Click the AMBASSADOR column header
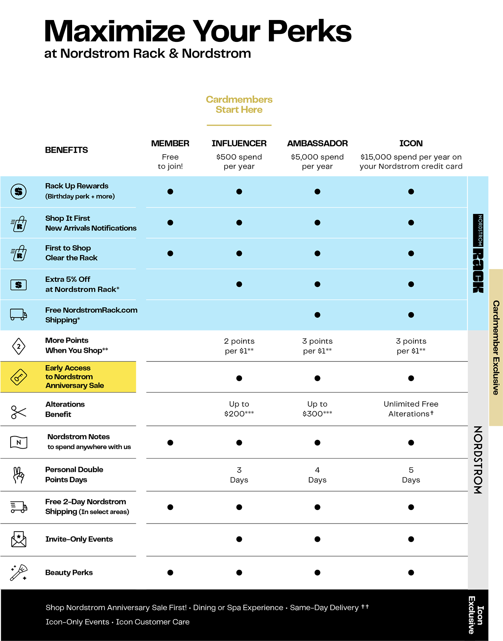click(317, 143)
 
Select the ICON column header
click(411, 143)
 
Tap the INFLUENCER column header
click(239, 143)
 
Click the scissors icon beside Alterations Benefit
click(19, 412)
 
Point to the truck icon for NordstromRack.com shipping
click(19, 314)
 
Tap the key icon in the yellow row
click(19, 377)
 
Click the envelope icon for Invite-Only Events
click(19, 539)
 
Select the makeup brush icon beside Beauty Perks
click(19, 572)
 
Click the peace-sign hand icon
click(19, 475)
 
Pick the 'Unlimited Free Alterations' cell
click(411, 409)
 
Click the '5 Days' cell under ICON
click(411, 475)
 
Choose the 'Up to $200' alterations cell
click(239, 409)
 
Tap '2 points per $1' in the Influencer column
click(239, 346)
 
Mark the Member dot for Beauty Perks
click(170, 573)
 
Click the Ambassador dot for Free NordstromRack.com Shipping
click(317, 315)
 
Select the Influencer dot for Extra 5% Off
click(239, 284)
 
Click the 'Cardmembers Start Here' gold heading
click(239, 105)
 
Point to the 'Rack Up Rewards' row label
click(77, 186)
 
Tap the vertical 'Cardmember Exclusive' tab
click(496, 347)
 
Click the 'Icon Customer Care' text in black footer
click(153, 622)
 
